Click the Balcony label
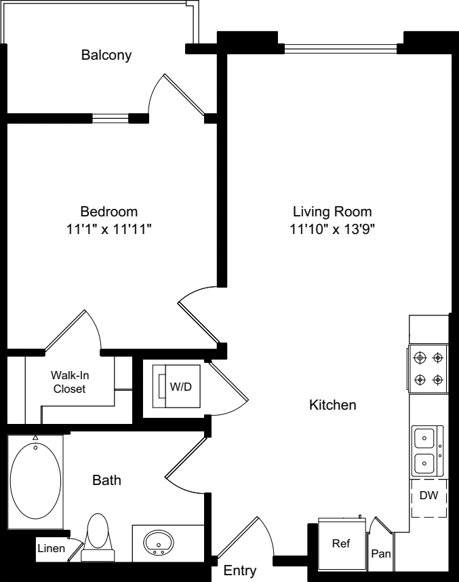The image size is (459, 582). [106, 55]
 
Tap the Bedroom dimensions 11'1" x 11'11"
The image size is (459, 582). [109, 229]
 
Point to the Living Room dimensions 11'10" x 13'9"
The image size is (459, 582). [332, 229]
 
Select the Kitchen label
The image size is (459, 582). [333, 404]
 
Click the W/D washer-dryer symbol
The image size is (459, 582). [177, 387]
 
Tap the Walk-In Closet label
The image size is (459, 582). [70, 382]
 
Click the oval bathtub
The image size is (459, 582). [36, 481]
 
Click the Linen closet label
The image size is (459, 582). [52, 548]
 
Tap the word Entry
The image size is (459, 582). [240, 570]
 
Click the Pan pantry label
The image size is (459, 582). [381, 554]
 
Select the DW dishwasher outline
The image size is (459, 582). [429, 498]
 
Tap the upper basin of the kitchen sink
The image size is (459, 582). [424, 438]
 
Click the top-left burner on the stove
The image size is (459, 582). [420, 357]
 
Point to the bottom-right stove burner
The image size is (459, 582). [438, 380]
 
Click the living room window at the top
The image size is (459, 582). [340, 49]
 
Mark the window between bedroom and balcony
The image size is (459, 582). [111, 119]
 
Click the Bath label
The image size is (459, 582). [106, 480]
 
